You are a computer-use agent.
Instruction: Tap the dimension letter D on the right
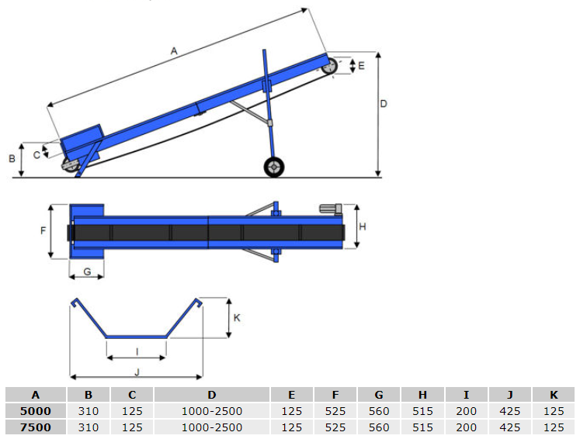(x=384, y=103)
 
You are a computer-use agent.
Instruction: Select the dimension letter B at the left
(x=12, y=159)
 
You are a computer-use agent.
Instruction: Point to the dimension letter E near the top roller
(x=361, y=66)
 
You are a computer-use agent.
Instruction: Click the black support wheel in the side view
(x=273, y=167)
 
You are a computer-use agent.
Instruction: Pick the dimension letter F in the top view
(x=44, y=231)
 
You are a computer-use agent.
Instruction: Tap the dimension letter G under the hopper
(x=87, y=271)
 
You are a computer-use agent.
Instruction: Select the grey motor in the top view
(x=332, y=208)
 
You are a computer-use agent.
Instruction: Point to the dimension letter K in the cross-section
(x=238, y=317)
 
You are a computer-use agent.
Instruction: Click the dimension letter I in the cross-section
(x=137, y=351)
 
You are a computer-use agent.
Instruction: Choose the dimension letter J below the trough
(x=137, y=372)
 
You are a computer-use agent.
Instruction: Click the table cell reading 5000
(x=36, y=411)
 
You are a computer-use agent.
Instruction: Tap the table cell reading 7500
(x=36, y=427)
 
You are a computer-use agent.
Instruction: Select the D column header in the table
(x=211, y=395)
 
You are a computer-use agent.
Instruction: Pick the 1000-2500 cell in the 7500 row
(x=211, y=427)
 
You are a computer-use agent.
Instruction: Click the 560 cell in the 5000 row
(x=379, y=411)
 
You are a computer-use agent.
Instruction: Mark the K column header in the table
(x=554, y=395)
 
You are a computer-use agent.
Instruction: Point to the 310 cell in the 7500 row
(x=90, y=427)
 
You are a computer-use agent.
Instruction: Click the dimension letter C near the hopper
(x=36, y=154)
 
